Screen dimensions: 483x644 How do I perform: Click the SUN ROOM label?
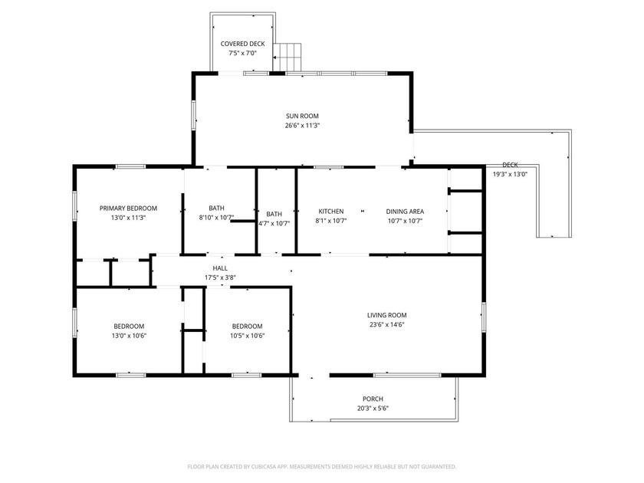pyautogui.click(x=301, y=116)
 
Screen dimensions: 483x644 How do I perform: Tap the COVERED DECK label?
pyautogui.click(x=243, y=44)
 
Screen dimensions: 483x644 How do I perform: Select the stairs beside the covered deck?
pyautogui.click(x=289, y=56)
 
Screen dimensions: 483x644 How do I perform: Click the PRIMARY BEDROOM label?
pyautogui.click(x=128, y=208)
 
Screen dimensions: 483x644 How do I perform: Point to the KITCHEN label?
pyautogui.click(x=331, y=211)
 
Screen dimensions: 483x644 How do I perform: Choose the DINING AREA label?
pyautogui.click(x=405, y=211)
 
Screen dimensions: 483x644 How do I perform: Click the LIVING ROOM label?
pyautogui.click(x=386, y=314)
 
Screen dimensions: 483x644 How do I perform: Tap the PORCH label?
pyautogui.click(x=373, y=399)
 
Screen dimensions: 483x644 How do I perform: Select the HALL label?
pyautogui.click(x=220, y=268)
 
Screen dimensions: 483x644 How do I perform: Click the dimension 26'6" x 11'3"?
pyautogui.click(x=301, y=126)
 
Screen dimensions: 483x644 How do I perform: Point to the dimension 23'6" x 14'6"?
pyautogui.click(x=386, y=324)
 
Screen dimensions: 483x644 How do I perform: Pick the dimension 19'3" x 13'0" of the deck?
pyautogui.click(x=510, y=174)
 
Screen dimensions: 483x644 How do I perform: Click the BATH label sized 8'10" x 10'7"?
pyautogui.click(x=216, y=208)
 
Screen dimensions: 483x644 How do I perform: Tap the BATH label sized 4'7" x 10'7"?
pyautogui.click(x=274, y=214)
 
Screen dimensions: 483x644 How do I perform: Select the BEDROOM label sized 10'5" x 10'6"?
pyautogui.click(x=248, y=325)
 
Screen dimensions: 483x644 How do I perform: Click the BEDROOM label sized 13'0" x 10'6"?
pyautogui.click(x=129, y=325)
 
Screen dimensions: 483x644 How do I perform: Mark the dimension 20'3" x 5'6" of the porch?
pyautogui.click(x=373, y=409)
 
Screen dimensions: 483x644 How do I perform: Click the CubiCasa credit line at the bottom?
pyautogui.click(x=322, y=466)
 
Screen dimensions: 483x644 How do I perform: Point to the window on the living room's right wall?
pyautogui.click(x=484, y=316)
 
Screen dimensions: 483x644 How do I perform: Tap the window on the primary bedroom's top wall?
pyautogui.click(x=130, y=166)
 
